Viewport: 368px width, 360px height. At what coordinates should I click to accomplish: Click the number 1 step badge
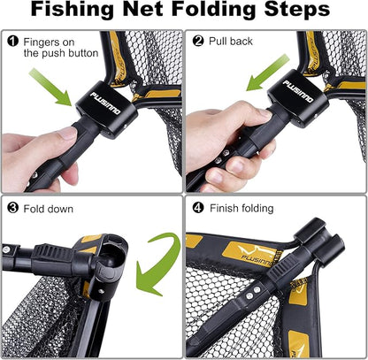coord(13,41)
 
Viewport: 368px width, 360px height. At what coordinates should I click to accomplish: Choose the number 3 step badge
coord(13,209)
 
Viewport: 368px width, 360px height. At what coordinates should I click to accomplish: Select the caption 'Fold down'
coord(50,210)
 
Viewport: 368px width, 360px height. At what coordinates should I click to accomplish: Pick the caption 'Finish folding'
coord(242,210)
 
